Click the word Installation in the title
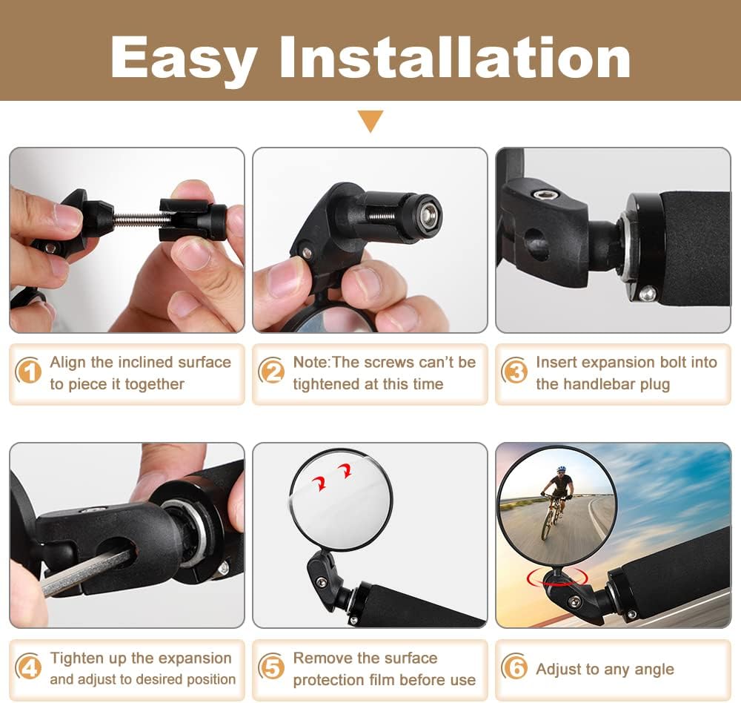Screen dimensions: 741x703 (455, 57)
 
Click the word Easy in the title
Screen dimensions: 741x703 (184, 61)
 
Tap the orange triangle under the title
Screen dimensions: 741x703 (370, 121)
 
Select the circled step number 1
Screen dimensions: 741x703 (28, 371)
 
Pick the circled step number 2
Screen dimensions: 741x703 (271, 371)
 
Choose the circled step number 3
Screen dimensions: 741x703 (514, 371)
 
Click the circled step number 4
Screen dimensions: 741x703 (28, 667)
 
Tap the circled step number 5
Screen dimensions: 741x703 (271, 667)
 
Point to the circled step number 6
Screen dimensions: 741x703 (514, 667)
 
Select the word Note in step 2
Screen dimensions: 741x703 (311, 363)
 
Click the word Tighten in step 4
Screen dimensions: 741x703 (77, 659)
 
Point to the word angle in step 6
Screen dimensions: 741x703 (654, 670)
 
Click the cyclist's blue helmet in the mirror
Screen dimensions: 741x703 (561, 469)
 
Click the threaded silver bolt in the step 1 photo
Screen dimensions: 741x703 (137, 218)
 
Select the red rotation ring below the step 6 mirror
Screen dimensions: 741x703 (558, 577)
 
